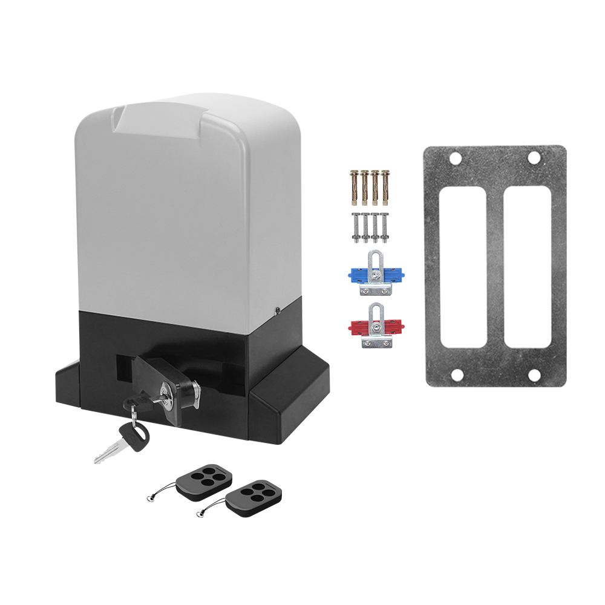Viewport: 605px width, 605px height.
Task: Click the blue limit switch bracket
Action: pyautogui.click(x=376, y=273)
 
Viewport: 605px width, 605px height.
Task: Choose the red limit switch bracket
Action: pyautogui.click(x=376, y=327)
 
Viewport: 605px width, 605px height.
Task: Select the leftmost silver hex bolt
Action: pyautogui.click(x=355, y=227)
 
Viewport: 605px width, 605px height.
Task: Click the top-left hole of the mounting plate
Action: pyautogui.click(x=456, y=159)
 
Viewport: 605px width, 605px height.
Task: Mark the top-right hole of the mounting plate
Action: pyautogui.click(x=534, y=158)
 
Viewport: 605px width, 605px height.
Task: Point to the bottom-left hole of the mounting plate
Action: pyautogui.click(x=457, y=376)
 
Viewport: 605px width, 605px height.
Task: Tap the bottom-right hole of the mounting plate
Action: pyautogui.click(x=534, y=375)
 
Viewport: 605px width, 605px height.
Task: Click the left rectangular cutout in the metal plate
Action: pyautogui.click(x=463, y=266)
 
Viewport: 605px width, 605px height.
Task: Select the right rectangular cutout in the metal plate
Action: pyautogui.click(x=527, y=266)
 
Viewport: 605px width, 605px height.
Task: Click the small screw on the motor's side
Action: pyautogui.click(x=276, y=311)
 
